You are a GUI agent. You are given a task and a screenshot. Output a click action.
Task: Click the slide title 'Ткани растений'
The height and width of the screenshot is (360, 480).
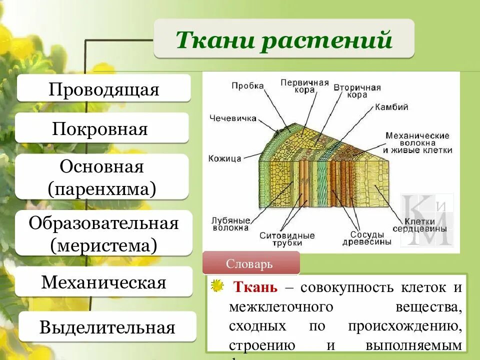pos(283,39)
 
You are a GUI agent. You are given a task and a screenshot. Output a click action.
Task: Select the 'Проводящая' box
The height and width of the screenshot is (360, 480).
pos(104,89)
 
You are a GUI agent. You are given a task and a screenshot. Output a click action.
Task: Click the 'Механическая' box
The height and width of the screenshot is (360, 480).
pos(103,282)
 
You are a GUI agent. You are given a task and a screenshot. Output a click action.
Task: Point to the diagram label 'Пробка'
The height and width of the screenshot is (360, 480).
pos(247,85)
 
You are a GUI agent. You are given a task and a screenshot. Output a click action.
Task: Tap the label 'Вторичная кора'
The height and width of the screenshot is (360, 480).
pos(357,90)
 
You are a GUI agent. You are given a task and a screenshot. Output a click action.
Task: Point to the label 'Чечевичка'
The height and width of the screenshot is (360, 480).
pos(232,118)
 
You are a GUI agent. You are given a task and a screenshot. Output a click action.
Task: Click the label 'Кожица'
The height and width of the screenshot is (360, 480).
pos(225,158)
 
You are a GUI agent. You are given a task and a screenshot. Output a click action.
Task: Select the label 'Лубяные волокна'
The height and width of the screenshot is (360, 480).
pos(230,223)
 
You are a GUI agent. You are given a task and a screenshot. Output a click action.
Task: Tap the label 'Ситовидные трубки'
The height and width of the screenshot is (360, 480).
pos(287,238)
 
